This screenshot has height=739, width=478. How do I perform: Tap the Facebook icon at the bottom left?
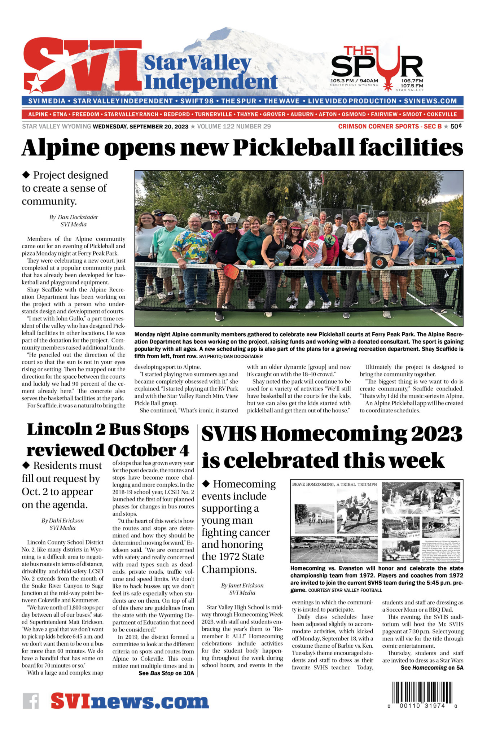point(31,701)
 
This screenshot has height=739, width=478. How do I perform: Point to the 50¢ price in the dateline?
point(456,126)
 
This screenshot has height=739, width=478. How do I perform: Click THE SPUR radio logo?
point(377,68)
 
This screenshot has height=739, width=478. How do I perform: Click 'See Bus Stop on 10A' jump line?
point(166,673)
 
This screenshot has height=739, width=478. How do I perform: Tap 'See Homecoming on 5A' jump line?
point(432,668)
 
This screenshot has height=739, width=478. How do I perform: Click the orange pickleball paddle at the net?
point(231,271)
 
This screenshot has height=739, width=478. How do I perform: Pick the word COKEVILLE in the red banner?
point(442,114)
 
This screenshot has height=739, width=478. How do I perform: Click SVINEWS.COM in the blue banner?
point(430,101)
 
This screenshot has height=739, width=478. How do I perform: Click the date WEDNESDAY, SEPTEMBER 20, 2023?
point(141,126)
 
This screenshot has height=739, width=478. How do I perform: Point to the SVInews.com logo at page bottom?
point(130,701)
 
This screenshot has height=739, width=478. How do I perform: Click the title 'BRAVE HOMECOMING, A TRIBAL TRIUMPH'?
point(334,484)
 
